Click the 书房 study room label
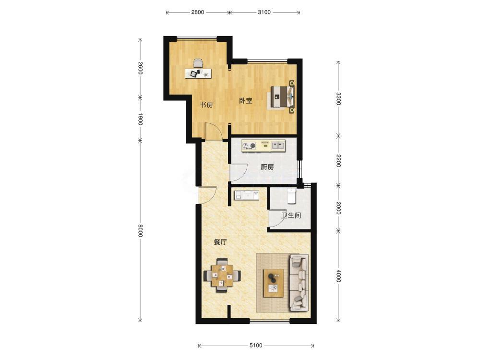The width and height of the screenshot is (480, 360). [x=206, y=105]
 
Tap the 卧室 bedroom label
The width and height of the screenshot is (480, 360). [x=246, y=100]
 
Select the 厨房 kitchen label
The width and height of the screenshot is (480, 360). [x=267, y=167]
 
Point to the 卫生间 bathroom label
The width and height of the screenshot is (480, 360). [x=291, y=215]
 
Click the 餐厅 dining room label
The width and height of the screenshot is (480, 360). [x=220, y=242]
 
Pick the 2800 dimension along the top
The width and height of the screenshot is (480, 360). [x=197, y=12]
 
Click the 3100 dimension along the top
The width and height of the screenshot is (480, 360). [x=264, y=12]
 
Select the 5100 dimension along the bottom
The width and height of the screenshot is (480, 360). [x=256, y=346]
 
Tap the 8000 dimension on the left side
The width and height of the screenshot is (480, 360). [x=140, y=230]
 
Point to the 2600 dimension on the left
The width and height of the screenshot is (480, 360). [x=140, y=68]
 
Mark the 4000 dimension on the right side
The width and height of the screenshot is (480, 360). [x=338, y=276]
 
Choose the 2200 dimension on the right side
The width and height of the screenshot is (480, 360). [x=338, y=160]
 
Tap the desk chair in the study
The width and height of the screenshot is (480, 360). [x=198, y=63]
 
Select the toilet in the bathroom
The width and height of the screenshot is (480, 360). [x=291, y=196]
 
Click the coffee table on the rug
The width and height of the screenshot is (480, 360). [x=274, y=283]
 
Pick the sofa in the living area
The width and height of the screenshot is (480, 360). [x=299, y=282]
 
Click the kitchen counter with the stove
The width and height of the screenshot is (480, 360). [x=263, y=145]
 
